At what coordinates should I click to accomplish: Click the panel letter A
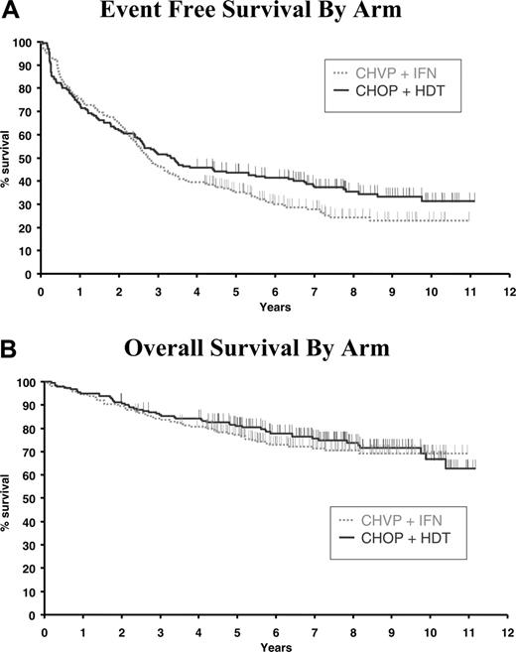click(9, 12)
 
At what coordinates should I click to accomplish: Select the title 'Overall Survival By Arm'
click(270, 349)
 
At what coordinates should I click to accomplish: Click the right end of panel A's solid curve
click(474, 200)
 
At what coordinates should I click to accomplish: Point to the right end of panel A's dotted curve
click(468, 220)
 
